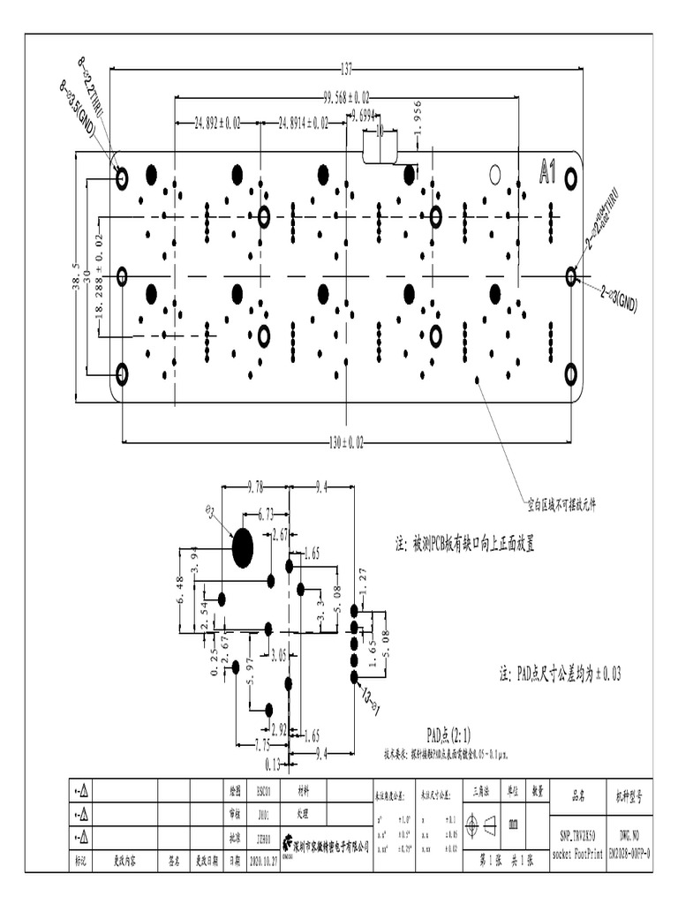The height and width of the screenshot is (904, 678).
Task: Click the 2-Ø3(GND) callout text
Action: click(x=618, y=298)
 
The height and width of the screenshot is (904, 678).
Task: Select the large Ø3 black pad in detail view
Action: click(x=243, y=548)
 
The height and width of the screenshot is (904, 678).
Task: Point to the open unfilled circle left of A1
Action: click(x=495, y=173)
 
